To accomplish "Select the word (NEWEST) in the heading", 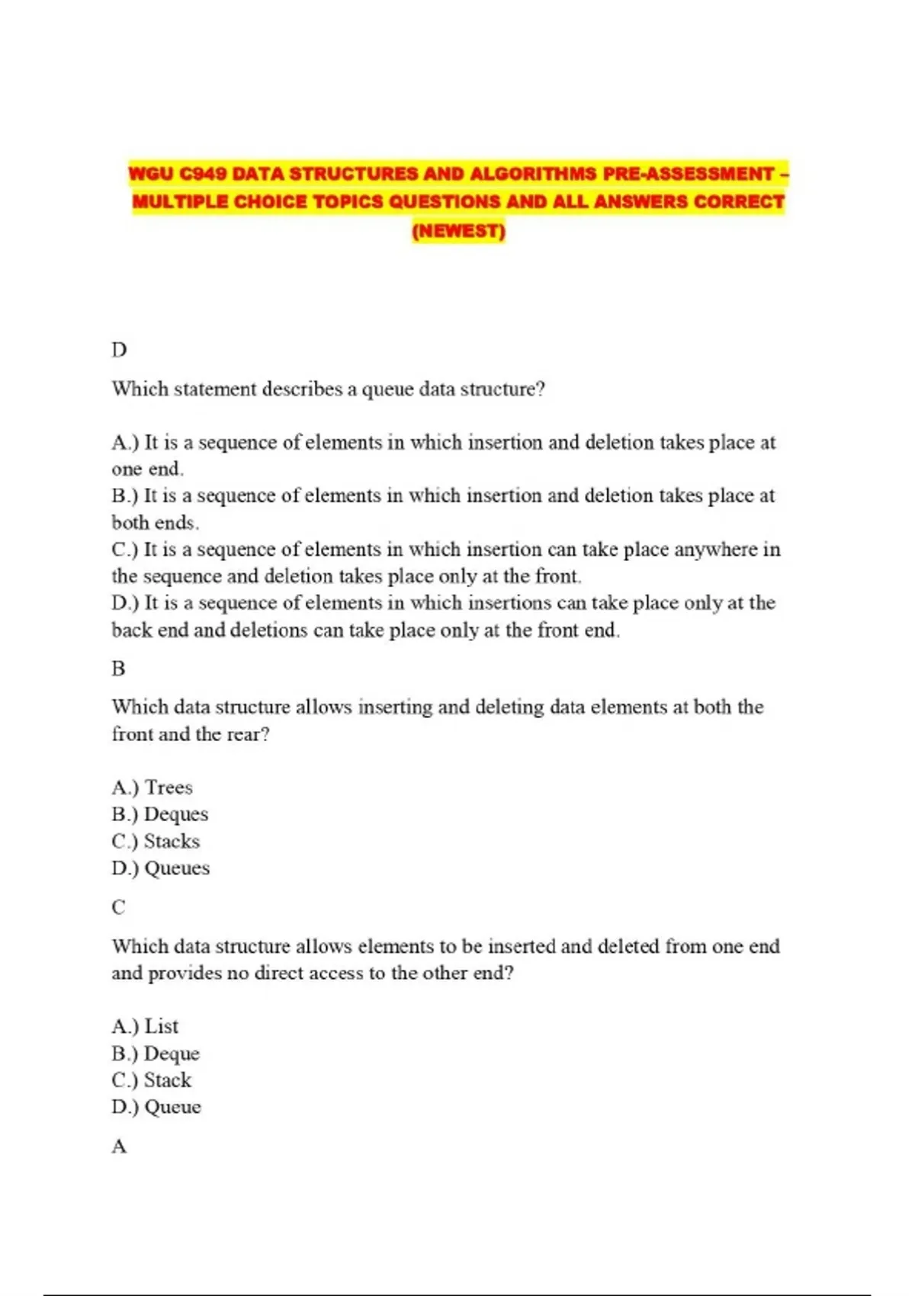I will click(x=458, y=230).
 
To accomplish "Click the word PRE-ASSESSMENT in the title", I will click(x=689, y=174).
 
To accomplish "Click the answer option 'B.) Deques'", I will click(x=159, y=814).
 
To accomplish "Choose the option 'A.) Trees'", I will click(x=152, y=788).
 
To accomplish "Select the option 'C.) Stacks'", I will click(x=156, y=841).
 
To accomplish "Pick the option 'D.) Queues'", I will click(x=160, y=868).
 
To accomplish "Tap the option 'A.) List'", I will click(x=145, y=1026).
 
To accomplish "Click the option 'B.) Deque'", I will click(x=156, y=1053).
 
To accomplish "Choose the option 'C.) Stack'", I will click(x=151, y=1079).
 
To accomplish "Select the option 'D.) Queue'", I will click(x=156, y=1106).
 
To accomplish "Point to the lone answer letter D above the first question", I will click(x=119, y=350).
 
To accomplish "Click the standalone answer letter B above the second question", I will click(x=118, y=669).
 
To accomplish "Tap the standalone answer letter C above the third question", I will click(x=118, y=907).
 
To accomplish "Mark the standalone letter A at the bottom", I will click(x=119, y=1146).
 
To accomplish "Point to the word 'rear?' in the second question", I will click(x=248, y=734).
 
